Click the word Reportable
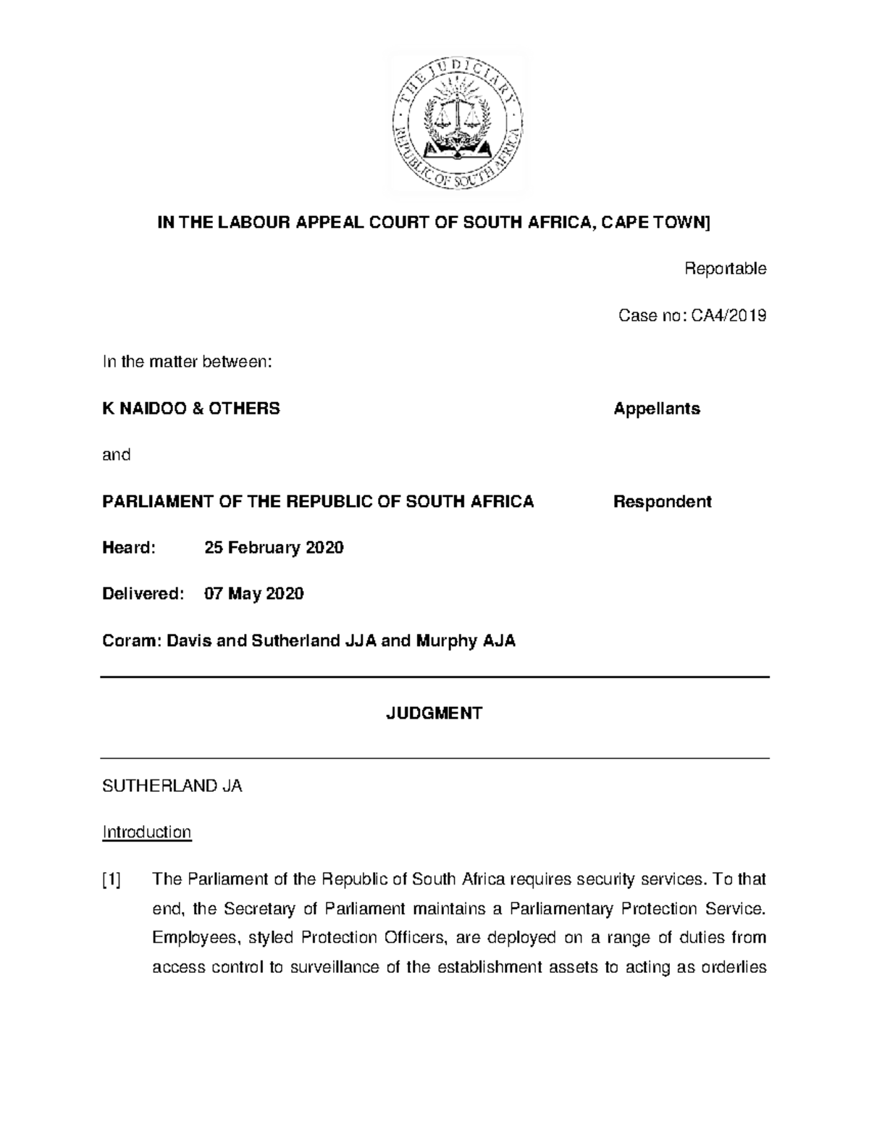click(725, 269)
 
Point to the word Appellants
click(657, 409)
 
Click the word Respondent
click(662, 501)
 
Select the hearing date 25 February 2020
click(274, 548)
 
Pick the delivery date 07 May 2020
click(254, 594)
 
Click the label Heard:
click(129, 548)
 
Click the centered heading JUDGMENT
click(434, 714)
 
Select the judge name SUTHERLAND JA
click(172, 786)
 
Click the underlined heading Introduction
click(147, 832)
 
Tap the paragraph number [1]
click(112, 880)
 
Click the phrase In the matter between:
click(188, 362)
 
